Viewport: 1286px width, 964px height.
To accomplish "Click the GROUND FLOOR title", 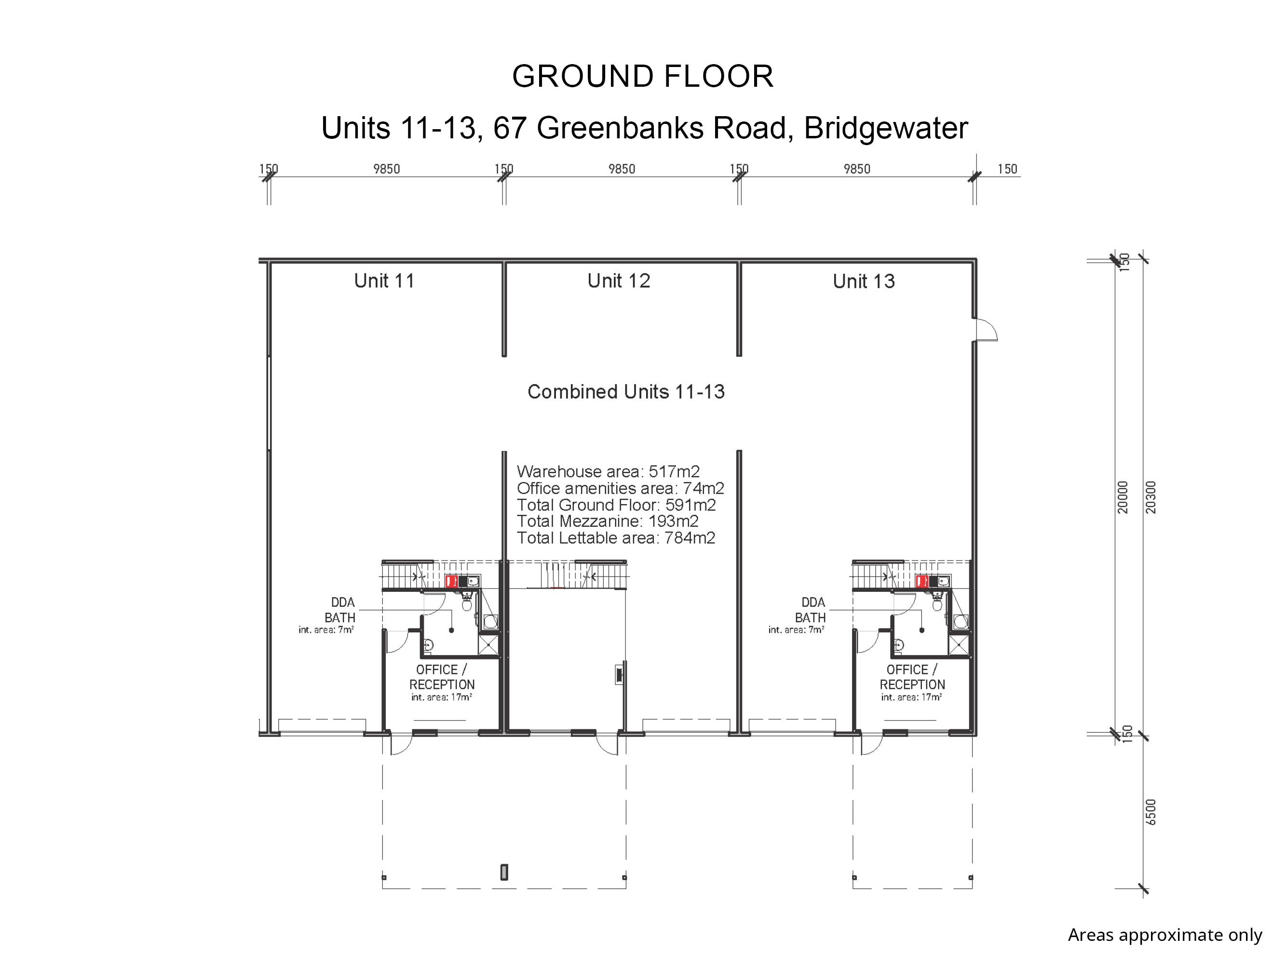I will tap(642, 76).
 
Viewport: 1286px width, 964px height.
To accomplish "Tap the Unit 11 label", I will tap(384, 281).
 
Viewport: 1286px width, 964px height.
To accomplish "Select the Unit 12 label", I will tap(619, 281).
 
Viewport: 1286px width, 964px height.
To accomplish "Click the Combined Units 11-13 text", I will tap(625, 392).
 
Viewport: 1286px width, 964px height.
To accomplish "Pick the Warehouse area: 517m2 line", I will tap(608, 471).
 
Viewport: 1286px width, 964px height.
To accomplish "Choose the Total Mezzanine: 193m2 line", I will tap(607, 521).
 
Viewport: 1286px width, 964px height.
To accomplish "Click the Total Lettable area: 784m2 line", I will tap(616, 538).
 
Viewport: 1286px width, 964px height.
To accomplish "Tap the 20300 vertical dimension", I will tap(1151, 497).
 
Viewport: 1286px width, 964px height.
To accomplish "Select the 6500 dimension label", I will tap(1151, 812).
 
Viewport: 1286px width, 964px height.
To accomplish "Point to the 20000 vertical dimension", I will tap(1123, 497).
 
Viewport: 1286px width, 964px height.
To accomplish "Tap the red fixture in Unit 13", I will tap(921, 581).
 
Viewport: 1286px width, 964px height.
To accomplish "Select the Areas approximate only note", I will tap(1164, 935).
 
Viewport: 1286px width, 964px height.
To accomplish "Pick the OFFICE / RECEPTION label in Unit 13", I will tap(912, 677).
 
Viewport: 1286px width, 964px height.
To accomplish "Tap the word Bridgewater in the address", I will tap(885, 128).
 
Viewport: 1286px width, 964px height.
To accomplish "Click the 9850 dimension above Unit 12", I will tap(622, 169).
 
